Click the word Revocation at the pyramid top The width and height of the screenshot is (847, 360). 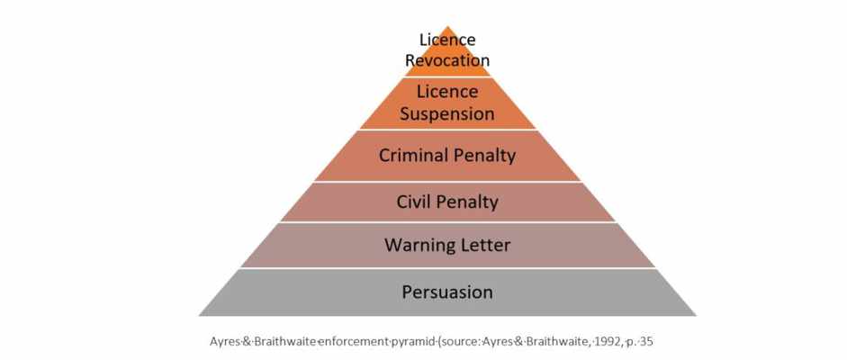[x=447, y=60]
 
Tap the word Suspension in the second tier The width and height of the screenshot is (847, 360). [x=447, y=114]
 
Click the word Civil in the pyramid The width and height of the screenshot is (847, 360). [x=415, y=202]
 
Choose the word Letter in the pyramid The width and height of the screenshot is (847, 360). [x=484, y=245]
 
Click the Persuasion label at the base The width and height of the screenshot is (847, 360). [x=447, y=292]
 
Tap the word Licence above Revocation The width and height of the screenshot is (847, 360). [x=447, y=40]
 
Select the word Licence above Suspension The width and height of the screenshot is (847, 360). [x=447, y=92]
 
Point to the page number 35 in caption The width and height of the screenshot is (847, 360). [x=648, y=342]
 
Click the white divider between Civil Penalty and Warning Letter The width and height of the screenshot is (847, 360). [x=447, y=222]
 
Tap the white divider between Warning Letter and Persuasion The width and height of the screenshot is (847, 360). [x=447, y=268]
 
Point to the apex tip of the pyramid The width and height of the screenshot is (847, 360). [x=447, y=26]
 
